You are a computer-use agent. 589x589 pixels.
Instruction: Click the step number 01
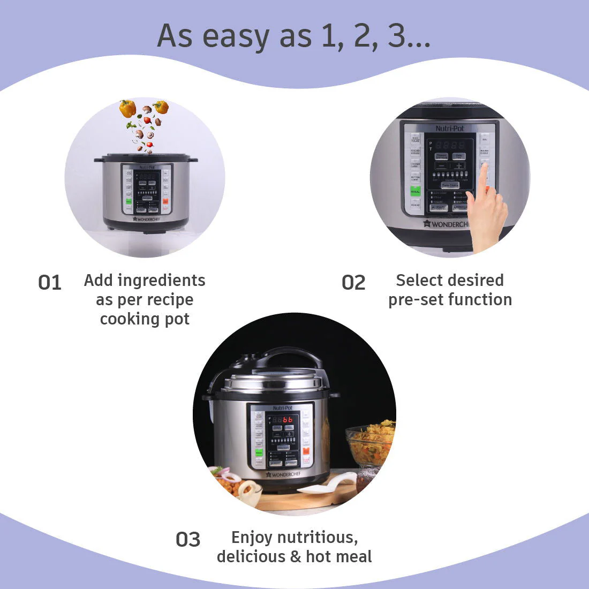(50, 282)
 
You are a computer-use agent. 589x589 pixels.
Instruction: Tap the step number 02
(353, 282)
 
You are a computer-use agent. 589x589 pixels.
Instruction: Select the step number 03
(188, 539)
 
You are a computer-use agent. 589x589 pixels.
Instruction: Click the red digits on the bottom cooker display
(288, 420)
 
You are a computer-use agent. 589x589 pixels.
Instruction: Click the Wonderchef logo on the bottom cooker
(284, 474)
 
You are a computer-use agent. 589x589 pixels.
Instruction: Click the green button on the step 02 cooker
(415, 191)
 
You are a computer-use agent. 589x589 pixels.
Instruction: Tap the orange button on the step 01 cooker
(165, 202)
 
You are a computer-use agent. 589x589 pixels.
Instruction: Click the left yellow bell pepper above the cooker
(127, 109)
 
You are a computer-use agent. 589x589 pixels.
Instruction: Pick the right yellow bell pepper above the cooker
(161, 107)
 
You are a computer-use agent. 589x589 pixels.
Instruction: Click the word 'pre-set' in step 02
(414, 299)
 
